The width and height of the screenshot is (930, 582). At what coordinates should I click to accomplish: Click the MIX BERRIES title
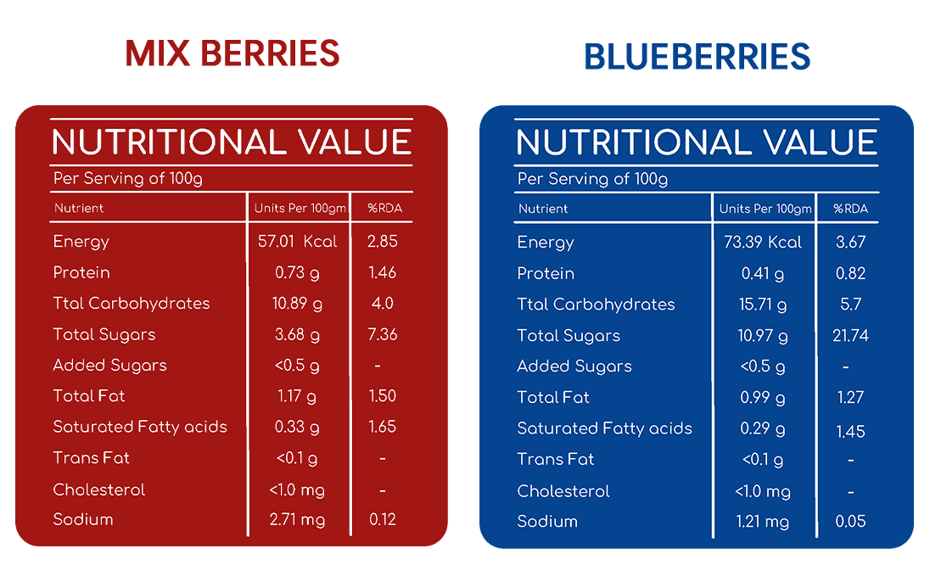pos(232,53)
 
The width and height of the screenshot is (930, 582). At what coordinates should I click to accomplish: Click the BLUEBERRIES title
pos(697,56)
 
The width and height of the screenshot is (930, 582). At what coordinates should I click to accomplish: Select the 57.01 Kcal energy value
pos(297,242)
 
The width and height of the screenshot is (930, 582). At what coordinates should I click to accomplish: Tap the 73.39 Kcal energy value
pos(763,242)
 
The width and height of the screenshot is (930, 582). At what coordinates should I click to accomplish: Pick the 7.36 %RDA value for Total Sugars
pos(383,334)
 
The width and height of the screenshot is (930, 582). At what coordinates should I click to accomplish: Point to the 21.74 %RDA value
pos(850,336)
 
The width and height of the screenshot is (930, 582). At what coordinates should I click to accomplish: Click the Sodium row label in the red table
pos(83,520)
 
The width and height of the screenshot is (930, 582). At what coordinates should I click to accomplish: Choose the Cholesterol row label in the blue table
pos(563,491)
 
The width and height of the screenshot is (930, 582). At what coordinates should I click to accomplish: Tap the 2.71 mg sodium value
pos(297,520)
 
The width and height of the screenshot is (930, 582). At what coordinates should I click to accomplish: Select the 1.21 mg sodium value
pos(763,522)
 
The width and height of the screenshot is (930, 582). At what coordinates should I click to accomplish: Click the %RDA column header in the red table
pos(384,208)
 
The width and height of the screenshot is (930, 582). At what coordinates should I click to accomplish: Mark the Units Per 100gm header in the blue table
pos(765,209)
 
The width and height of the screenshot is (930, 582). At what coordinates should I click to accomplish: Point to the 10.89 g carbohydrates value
pos(297,304)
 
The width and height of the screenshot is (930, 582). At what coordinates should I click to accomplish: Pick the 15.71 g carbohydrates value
pos(763,305)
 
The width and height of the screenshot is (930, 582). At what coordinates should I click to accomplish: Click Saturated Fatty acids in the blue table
pos(604,429)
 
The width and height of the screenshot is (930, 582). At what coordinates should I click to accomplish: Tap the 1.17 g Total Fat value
pos(297,396)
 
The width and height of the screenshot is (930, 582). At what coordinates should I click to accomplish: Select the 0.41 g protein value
pos(763,273)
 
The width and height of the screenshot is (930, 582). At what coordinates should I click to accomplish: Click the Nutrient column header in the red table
pos(79,208)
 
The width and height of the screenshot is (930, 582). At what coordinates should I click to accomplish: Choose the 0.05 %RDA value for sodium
pos(850,522)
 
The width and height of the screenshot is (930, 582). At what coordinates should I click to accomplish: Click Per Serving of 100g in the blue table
pos(592,179)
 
